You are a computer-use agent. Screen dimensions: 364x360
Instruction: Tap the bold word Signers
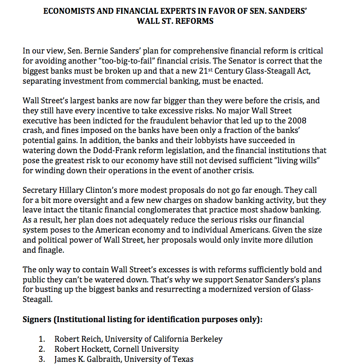(x=40, y=320)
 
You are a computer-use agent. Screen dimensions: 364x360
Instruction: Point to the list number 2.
(x=42, y=349)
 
